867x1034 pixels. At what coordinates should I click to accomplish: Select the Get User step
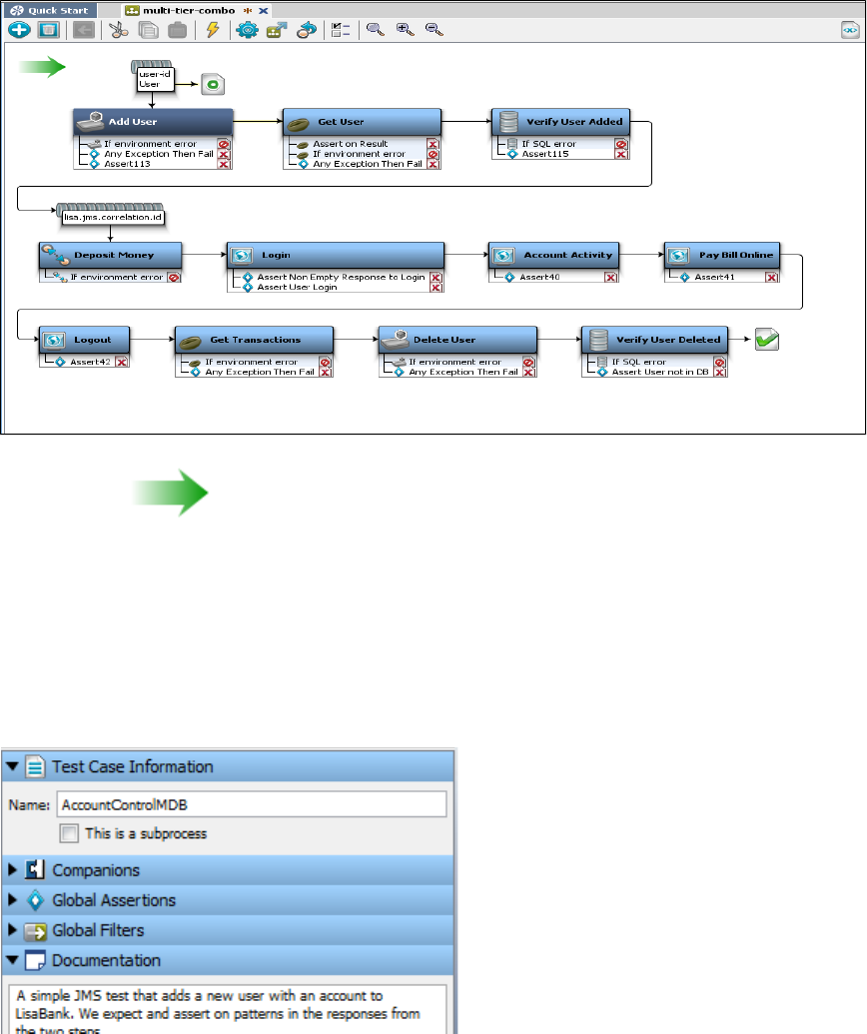(x=362, y=122)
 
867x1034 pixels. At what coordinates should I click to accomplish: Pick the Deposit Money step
(x=112, y=255)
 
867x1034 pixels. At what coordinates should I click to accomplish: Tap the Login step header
(x=336, y=255)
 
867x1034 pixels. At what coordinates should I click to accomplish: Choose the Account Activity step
(x=555, y=255)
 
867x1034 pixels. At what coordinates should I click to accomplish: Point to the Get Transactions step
(x=254, y=340)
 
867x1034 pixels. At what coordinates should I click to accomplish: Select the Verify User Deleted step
(x=655, y=340)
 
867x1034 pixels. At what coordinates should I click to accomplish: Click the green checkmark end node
(x=767, y=340)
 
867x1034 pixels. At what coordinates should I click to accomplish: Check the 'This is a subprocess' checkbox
(x=68, y=833)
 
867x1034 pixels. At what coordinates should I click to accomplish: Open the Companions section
(x=96, y=870)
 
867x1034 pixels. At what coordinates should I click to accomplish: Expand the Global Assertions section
(x=113, y=900)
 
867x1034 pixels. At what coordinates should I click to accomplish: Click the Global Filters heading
(x=98, y=930)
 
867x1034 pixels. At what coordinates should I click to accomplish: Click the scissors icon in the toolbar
(x=119, y=30)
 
